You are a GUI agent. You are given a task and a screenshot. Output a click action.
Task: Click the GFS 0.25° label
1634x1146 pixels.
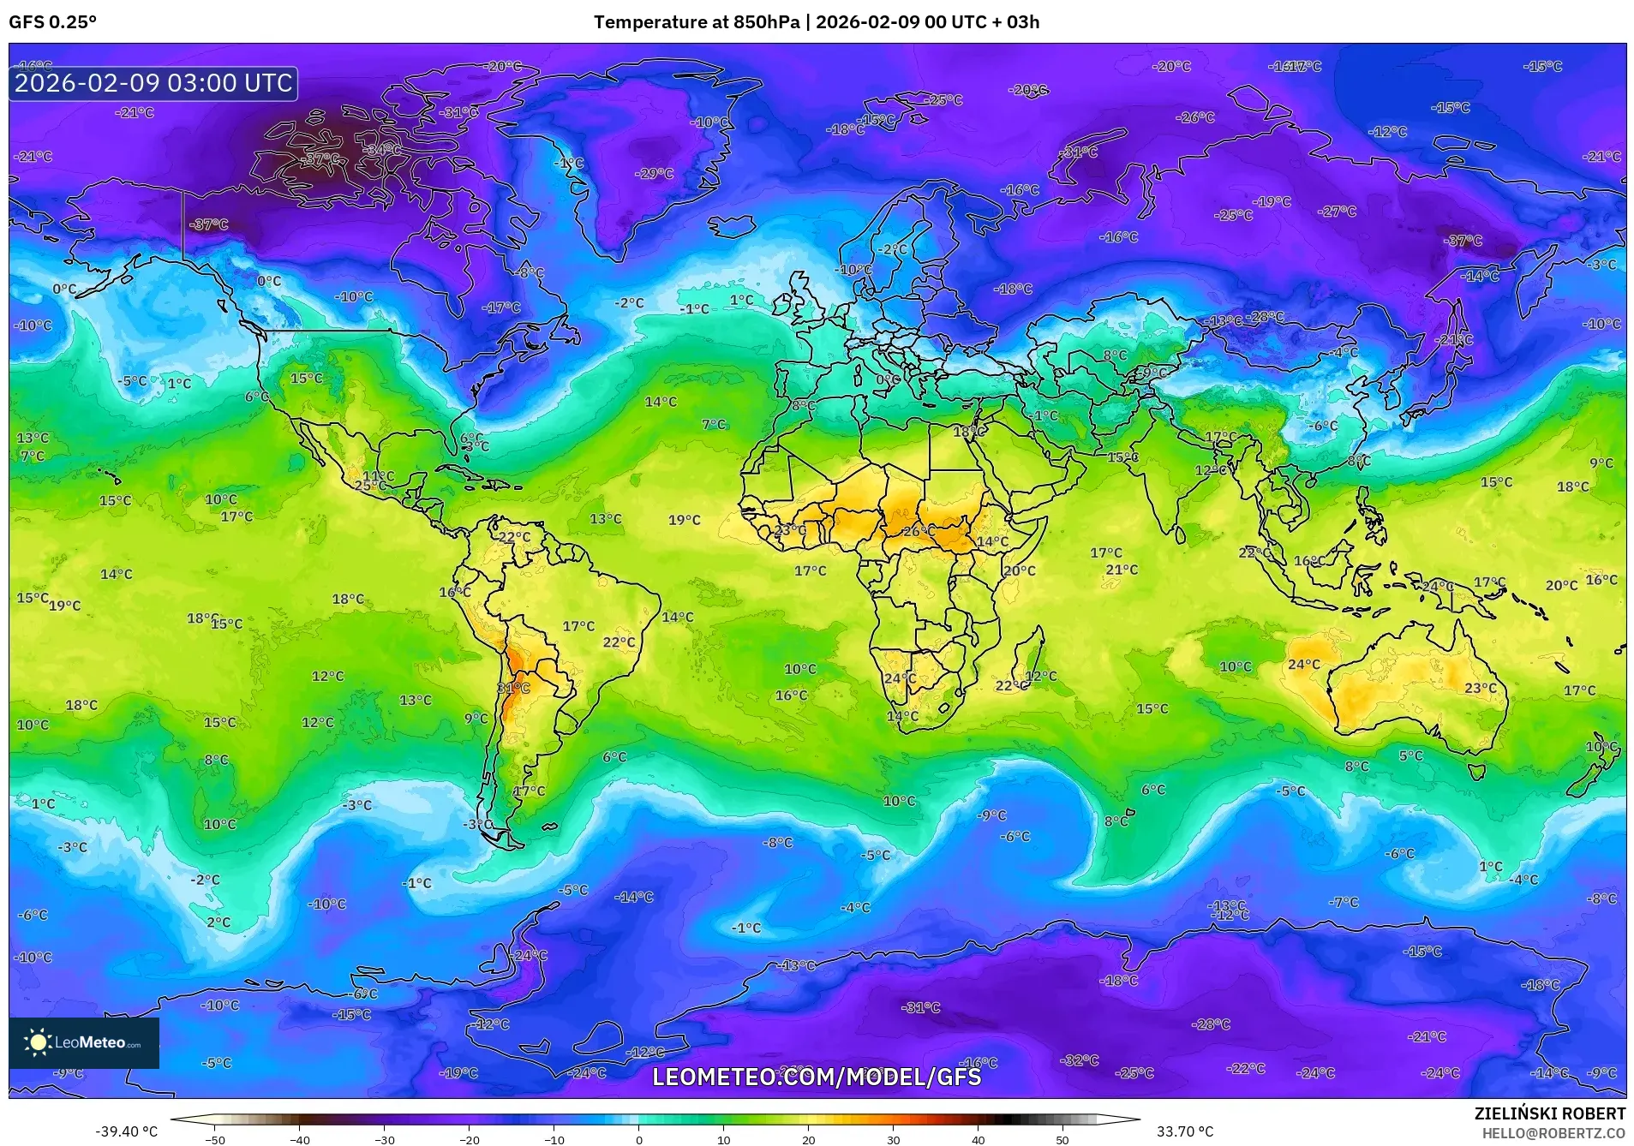click(52, 22)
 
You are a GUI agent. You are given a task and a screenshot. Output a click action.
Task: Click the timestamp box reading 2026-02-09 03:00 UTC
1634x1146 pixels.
click(153, 83)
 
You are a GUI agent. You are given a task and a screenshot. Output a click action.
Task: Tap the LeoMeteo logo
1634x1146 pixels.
click(83, 1042)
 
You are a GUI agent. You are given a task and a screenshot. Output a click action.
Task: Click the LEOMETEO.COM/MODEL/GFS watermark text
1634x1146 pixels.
click(817, 1077)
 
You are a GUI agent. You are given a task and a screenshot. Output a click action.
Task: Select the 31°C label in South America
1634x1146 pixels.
click(513, 688)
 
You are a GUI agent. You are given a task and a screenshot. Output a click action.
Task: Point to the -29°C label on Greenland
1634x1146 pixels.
click(654, 173)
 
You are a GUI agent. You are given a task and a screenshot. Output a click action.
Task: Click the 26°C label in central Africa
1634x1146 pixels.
click(919, 531)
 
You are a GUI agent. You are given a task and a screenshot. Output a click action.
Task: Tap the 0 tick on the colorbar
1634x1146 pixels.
click(638, 1139)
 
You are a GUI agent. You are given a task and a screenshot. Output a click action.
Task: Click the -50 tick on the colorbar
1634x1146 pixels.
click(215, 1139)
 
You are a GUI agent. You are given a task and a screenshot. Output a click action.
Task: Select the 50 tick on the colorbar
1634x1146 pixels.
click(1062, 1139)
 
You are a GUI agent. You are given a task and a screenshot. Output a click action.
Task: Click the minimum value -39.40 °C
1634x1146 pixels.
click(126, 1131)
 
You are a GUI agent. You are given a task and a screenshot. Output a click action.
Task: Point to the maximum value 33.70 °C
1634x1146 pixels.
click(1184, 1131)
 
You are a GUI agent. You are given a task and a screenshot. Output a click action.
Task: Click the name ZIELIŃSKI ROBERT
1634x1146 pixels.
click(1549, 1113)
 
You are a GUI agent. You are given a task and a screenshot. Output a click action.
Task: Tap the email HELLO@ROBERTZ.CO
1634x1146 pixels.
click(1553, 1133)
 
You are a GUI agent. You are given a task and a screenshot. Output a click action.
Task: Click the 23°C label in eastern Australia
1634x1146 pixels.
click(1480, 688)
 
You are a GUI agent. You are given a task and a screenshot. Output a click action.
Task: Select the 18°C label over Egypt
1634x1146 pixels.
click(969, 432)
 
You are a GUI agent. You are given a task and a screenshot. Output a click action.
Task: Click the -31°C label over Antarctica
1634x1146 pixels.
click(920, 1007)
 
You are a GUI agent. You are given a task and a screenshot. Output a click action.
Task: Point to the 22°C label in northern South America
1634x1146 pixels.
click(514, 537)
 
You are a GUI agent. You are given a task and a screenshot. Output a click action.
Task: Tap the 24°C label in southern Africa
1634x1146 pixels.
click(900, 677)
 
